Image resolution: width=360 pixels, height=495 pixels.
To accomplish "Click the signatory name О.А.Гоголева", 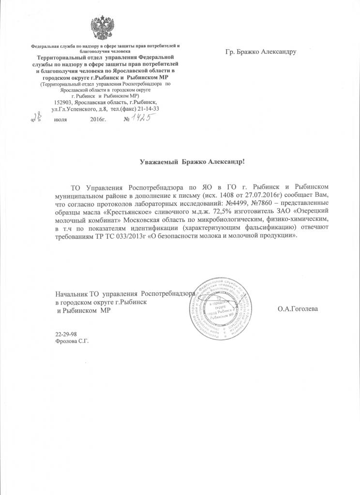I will (x=298, y=308).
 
